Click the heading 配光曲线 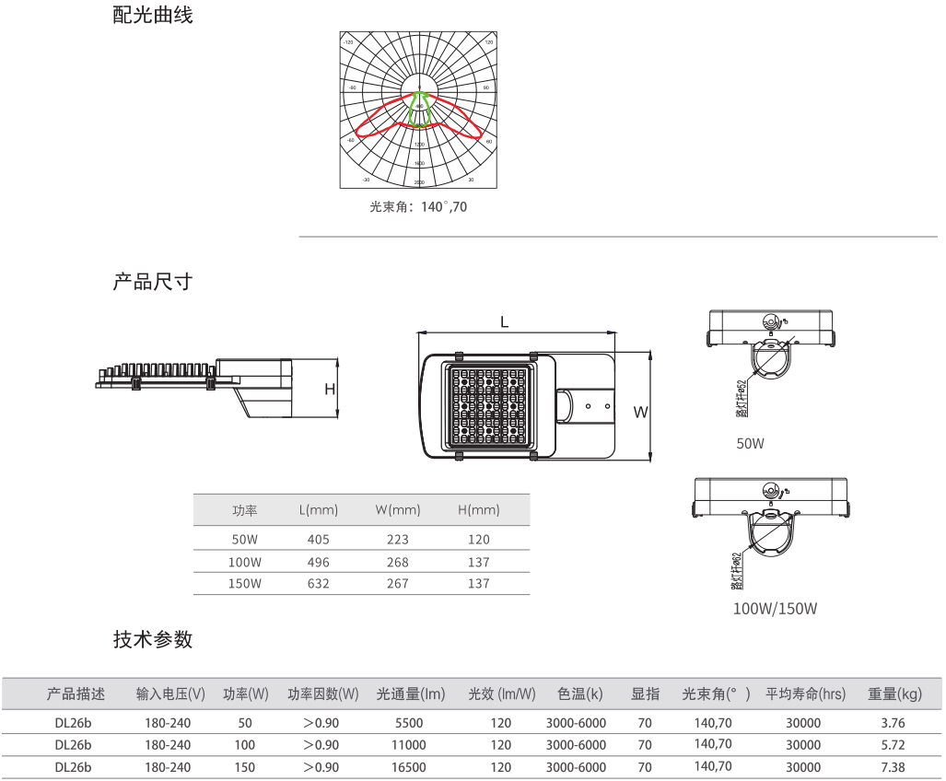(153, 16)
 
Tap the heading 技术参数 (153, 639)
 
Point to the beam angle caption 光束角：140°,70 (418, 207)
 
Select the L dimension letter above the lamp (505, 321)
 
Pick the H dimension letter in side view (329, 390)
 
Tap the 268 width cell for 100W (398, 562)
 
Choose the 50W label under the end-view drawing (750, 444)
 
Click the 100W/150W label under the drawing (775, 609)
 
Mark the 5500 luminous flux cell (408, 723)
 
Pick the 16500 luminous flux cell (408, 766)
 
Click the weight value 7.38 (893, 766)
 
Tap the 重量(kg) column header (893, 694)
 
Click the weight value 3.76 (893, 723)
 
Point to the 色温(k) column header (580, 694)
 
